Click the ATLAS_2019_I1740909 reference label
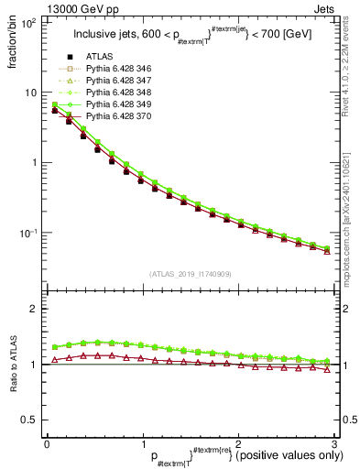pyautogui.click(x=190, y=274)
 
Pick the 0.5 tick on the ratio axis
pyautogui.click(x=29, y=420)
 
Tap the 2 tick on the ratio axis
pyautogui.click(x=35, y=309)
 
